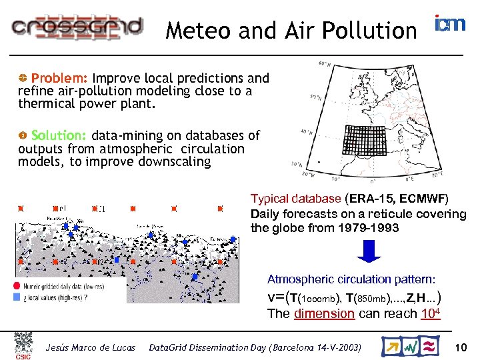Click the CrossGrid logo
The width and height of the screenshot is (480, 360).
point(77,26)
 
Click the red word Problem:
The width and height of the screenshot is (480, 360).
point(61,78)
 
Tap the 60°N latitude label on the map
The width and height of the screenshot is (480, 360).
point(325,64)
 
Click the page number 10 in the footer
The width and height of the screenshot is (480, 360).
point(460,347)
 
